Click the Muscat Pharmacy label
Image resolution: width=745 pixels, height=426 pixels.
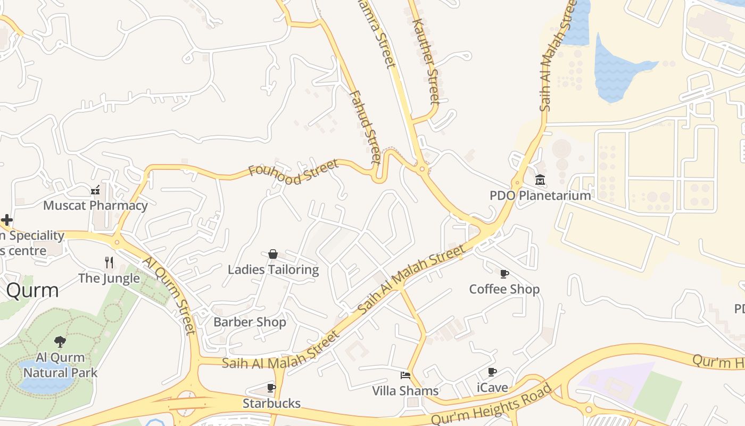pos(95,206)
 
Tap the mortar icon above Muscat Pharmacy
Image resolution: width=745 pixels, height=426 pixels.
pos(95,190)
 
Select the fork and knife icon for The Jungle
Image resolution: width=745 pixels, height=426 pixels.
pos(109,262)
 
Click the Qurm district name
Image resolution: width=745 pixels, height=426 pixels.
pos(32,291)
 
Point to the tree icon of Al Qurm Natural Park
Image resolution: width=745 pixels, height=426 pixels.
pos(60,341)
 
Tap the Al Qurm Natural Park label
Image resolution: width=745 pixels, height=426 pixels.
pos(61,365)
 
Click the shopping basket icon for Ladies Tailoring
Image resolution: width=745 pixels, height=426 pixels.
pos(273,254)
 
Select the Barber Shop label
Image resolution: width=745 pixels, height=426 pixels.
pos(250,322)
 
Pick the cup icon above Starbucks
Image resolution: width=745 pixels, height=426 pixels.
pos(271,388)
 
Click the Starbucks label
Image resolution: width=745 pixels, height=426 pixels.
pos(271,403)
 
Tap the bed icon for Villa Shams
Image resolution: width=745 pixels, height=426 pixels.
pos(405,375)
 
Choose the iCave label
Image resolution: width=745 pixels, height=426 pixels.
pos(492,388)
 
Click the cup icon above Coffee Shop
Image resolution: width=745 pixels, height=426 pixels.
pos(504,274)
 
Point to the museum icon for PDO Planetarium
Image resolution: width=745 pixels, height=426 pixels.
pos(540,180)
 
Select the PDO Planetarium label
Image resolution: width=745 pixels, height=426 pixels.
pos(540,195)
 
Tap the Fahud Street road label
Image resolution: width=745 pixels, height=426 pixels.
pos(365,126)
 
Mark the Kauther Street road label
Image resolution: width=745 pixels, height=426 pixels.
pos(426,61)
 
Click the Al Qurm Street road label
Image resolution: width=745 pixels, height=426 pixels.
pos(169,296)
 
